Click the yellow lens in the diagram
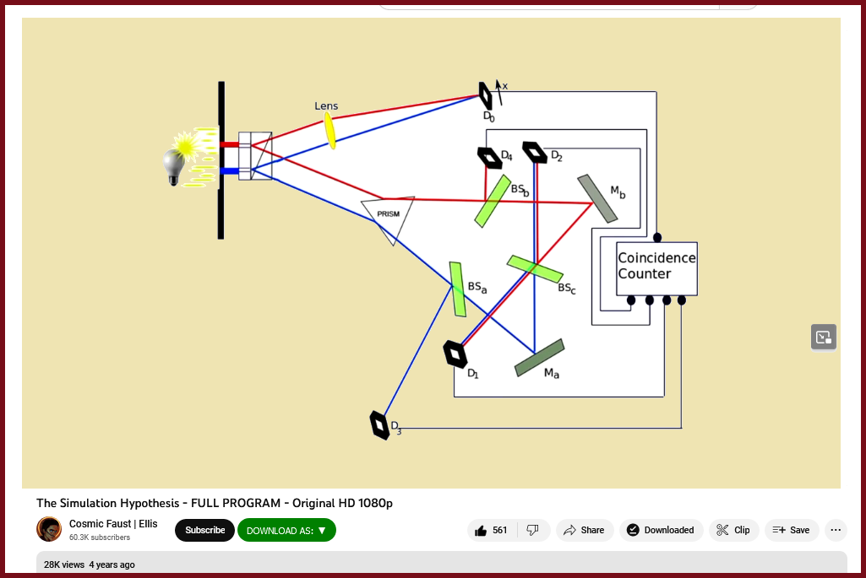(x=330, y=130)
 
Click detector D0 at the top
(x=486, y=95)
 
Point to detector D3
(x=379, y=424)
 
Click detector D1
(x=455, y=354)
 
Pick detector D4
(x=488, y=158)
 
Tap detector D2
(x=534, y=152)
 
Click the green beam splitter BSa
(x=457, y=289)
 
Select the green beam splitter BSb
(x=492, y=201)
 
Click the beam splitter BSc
(x=535, y=268)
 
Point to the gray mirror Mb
(x=597, y=198)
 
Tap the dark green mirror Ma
(x=540, y=357)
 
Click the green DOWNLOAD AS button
(x=286, y=530)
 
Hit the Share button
(x=584, y=530)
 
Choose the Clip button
(x=733, y=530)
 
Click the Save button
(x=791, y=530)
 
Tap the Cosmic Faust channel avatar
(x=49, y=529)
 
